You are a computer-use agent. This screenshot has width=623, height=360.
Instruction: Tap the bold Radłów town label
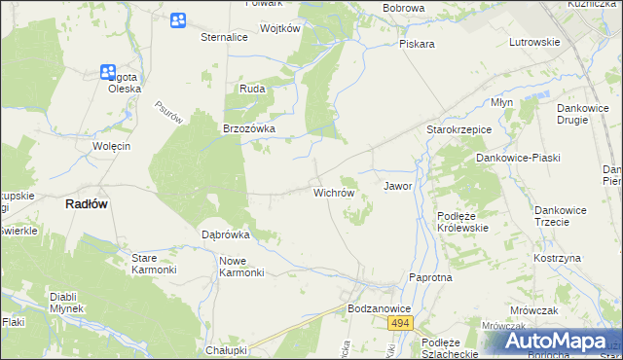(86, 204)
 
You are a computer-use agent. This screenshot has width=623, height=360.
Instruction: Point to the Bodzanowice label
(380, 308)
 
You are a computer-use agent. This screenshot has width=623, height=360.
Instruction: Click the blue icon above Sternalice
(177, 20)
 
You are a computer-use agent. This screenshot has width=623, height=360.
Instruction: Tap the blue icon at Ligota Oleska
(108, 71)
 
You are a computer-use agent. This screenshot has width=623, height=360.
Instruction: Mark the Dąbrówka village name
(226, 234)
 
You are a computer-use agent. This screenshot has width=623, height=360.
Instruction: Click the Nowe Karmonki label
(241, 267)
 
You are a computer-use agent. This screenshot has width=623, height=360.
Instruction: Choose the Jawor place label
(398, 185)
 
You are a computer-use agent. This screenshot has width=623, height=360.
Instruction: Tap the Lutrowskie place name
(534, 42)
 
